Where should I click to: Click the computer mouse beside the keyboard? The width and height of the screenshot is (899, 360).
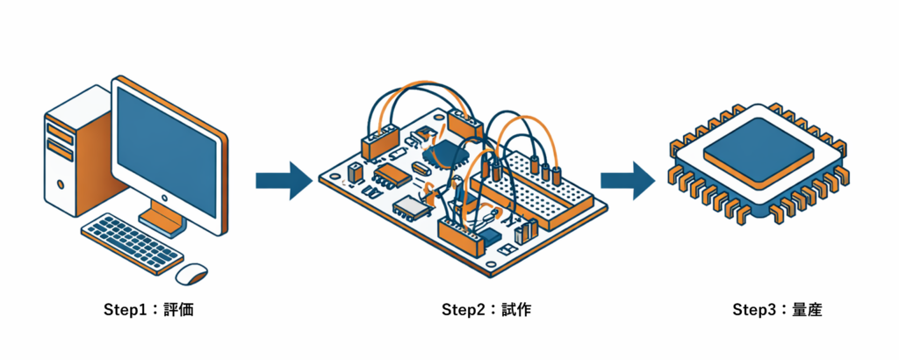[192, 273]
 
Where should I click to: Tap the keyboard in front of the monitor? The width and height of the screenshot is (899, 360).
[132, 241]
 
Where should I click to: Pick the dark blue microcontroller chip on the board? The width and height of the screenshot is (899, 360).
[450, 155]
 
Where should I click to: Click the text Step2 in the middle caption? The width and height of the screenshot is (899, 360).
[464, 309]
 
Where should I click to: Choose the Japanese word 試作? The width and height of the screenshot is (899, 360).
[516, 309]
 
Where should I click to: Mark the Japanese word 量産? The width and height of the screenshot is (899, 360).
[808, 309]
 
